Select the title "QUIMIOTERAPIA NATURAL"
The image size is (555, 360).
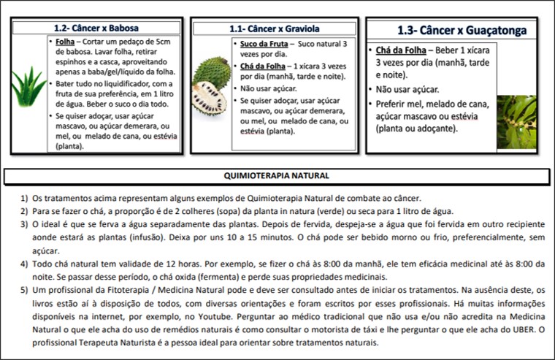click(276, 176)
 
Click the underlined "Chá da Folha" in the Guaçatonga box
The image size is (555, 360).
click(405, 51)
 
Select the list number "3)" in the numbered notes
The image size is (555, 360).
click(23, 225)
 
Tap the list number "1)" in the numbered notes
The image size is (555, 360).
click(23, 199)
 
